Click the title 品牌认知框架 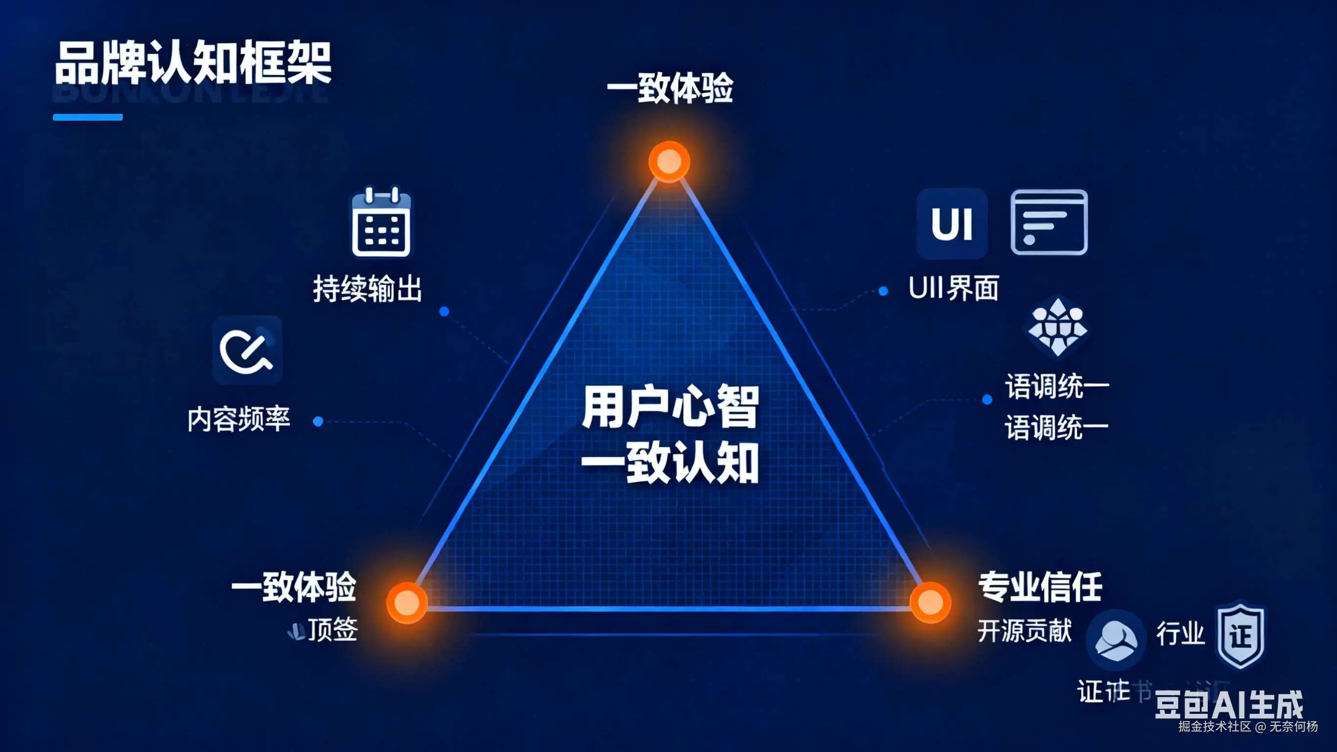tap(192, 63)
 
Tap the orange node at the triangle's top tap(669, 162)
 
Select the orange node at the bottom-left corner tap(407, 603)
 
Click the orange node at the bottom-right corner tap(930, 603)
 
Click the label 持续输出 tap(367, 289)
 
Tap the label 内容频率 tap(239, 419)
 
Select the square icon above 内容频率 tap(247, 349)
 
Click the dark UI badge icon tap(952, 223)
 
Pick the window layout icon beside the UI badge tap(1049, 222)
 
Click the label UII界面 tap(954, 288)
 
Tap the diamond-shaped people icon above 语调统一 tap(1057, 326)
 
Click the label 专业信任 tap(1040, 587)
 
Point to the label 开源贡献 tap(1025, 631)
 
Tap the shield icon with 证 tap(1241, 634)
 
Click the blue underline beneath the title tap(88, 118)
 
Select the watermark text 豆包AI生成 tap(1229, 705)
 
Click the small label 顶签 tap(332, 630)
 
